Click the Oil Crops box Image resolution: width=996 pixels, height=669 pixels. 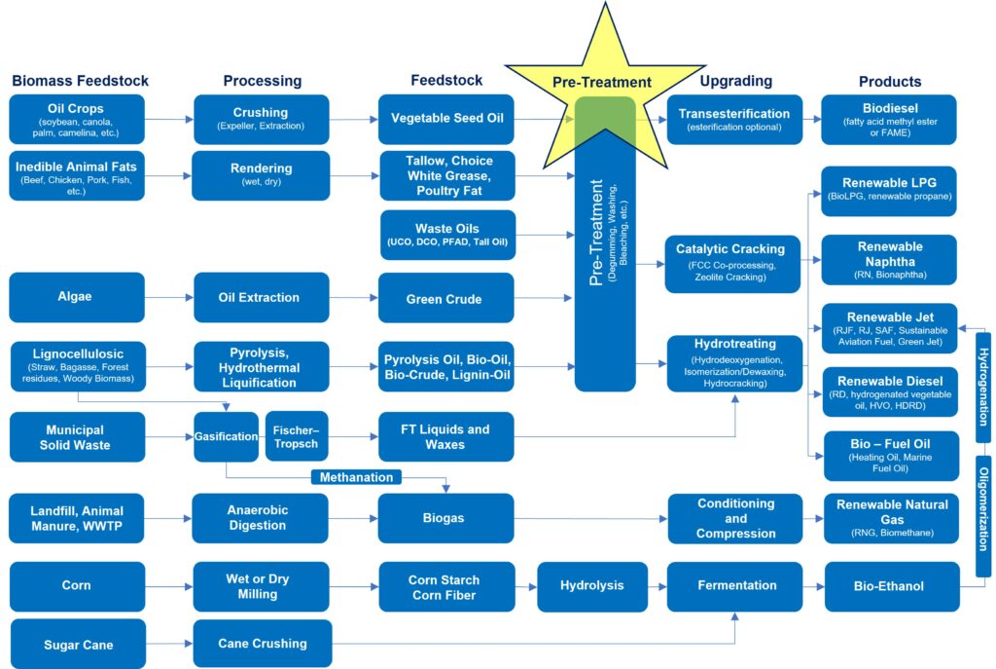77,119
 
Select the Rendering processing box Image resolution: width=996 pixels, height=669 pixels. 262,175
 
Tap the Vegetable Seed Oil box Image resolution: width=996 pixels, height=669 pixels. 446,119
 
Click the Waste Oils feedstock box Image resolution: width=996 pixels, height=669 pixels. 446,235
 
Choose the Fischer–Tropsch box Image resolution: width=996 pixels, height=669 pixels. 297,436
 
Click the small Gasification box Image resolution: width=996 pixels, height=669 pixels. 226,436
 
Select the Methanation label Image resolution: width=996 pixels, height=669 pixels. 357,477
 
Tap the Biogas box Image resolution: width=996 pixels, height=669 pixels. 446,518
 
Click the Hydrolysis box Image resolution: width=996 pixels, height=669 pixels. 591,586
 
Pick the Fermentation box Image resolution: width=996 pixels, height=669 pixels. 736,586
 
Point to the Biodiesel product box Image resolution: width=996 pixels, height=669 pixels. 889,119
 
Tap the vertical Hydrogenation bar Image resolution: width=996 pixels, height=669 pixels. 983,387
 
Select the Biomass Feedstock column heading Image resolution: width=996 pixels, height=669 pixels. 80,81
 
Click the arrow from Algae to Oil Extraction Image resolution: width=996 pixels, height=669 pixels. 168,298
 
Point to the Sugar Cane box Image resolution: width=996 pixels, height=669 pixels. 77,644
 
